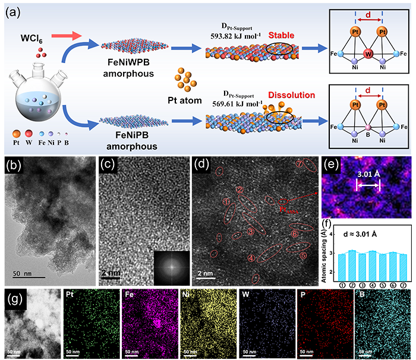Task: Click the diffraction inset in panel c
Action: pyautogui.click(x=173, y=266)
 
